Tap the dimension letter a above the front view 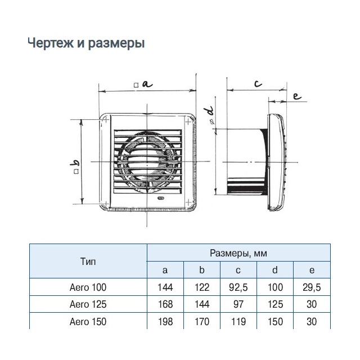point(147,84)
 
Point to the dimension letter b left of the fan point(76,163)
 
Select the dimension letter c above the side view point(258,84)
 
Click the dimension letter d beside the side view point(210,111)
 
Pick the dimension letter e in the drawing point(297,96)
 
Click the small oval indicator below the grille point(161,198)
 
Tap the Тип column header point(88,262)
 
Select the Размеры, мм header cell point(238,253)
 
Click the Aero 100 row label point(88,287)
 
